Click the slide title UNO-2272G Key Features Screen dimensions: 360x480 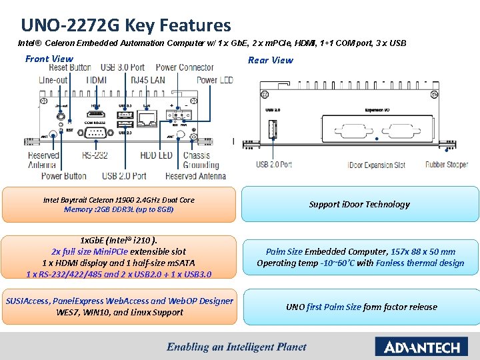126,25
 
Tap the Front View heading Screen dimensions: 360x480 49,59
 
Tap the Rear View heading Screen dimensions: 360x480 270,60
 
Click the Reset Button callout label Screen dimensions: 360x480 70,67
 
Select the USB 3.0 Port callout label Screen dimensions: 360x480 123,67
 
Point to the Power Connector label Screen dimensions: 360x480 185,67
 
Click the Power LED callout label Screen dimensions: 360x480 215,80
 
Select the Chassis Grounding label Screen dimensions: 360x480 197,160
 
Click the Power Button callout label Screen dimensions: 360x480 64,176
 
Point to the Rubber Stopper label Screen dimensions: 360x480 447,165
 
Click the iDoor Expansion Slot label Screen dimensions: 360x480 377,165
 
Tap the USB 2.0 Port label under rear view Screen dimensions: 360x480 274,165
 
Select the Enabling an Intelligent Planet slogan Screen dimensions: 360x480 237,347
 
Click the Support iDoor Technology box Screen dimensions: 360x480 359,204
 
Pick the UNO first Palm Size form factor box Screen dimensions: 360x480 361,307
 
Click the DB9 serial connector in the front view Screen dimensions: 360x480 94,133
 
